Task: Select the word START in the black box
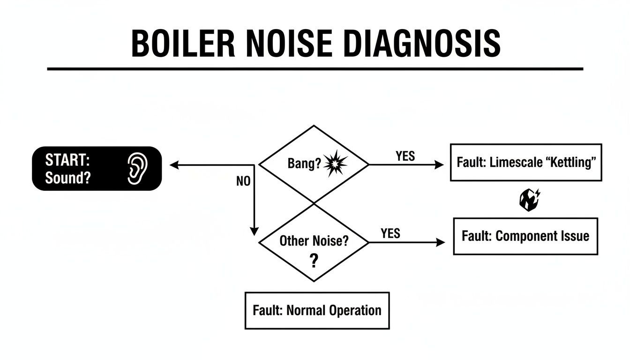pyautogui.click(x=67, y=160)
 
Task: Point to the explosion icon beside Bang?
pyautogui.click(x=336, y=165)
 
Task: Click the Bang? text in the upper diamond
pyautogui.click(x=304, y=165)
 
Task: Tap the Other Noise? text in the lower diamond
pyautogui.click(x=314, y=241)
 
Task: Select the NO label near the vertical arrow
pyautogui.click(x=243, y=182)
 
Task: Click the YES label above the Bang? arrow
pyautogui.click(x=405, y=156)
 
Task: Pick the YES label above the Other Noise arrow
pyautogui.click(x=390, y=233)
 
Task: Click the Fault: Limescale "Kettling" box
pyautogui.click(x=525, y=163)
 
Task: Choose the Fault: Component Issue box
pyautogui.click(x=525, y=236)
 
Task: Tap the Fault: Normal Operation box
pyautogui.click(x=317, y=310)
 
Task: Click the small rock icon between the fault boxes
pyautogui.click(x=530, y=200)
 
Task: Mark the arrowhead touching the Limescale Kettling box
pyautogui.click(x=439, y=165)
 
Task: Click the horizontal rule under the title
pyautogui.click(x=315, y=69)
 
